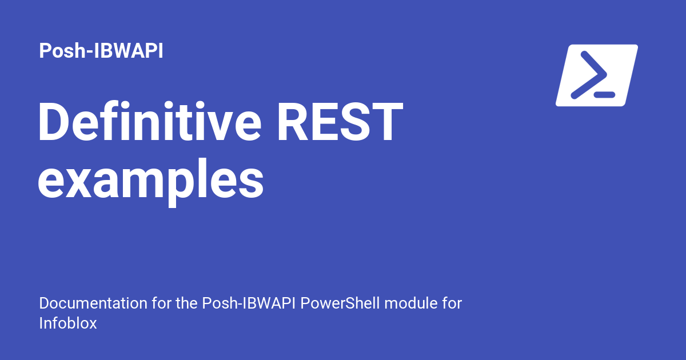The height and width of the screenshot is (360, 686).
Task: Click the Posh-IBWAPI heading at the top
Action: pos(101,51)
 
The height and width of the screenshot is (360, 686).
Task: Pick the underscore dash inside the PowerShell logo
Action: pos(604,95)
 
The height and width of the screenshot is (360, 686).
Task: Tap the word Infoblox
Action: pos(68,323)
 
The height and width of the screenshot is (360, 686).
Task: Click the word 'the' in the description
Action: pos(187,303)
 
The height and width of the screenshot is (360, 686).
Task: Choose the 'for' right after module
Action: pos(450,303)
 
